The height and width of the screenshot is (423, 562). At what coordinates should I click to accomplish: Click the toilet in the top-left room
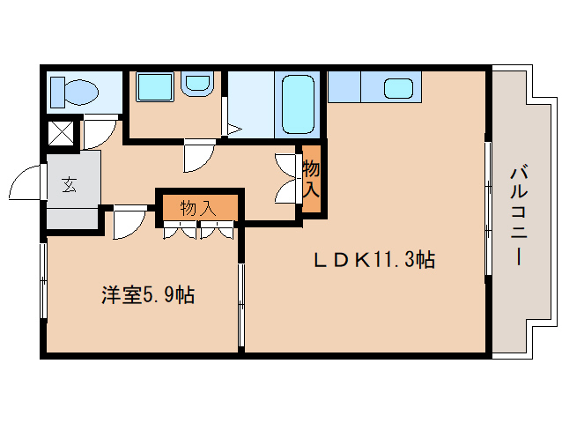pos(76,91)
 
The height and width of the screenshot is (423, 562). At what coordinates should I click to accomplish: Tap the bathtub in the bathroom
pos(299,104)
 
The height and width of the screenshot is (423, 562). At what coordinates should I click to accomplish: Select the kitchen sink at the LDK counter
pos(399,88)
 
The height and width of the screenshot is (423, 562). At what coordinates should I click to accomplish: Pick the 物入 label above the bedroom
pos(197,208)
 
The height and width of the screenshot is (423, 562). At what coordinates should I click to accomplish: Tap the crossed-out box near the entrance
pos(60,133)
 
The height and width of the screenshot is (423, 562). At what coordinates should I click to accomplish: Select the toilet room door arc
pos(99,132)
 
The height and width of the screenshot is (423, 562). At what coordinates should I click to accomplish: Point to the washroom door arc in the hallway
pos(196,156)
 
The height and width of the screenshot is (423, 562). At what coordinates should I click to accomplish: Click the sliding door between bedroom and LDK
pos(240,304)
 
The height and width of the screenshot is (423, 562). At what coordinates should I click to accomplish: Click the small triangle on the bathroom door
pos(233,130)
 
